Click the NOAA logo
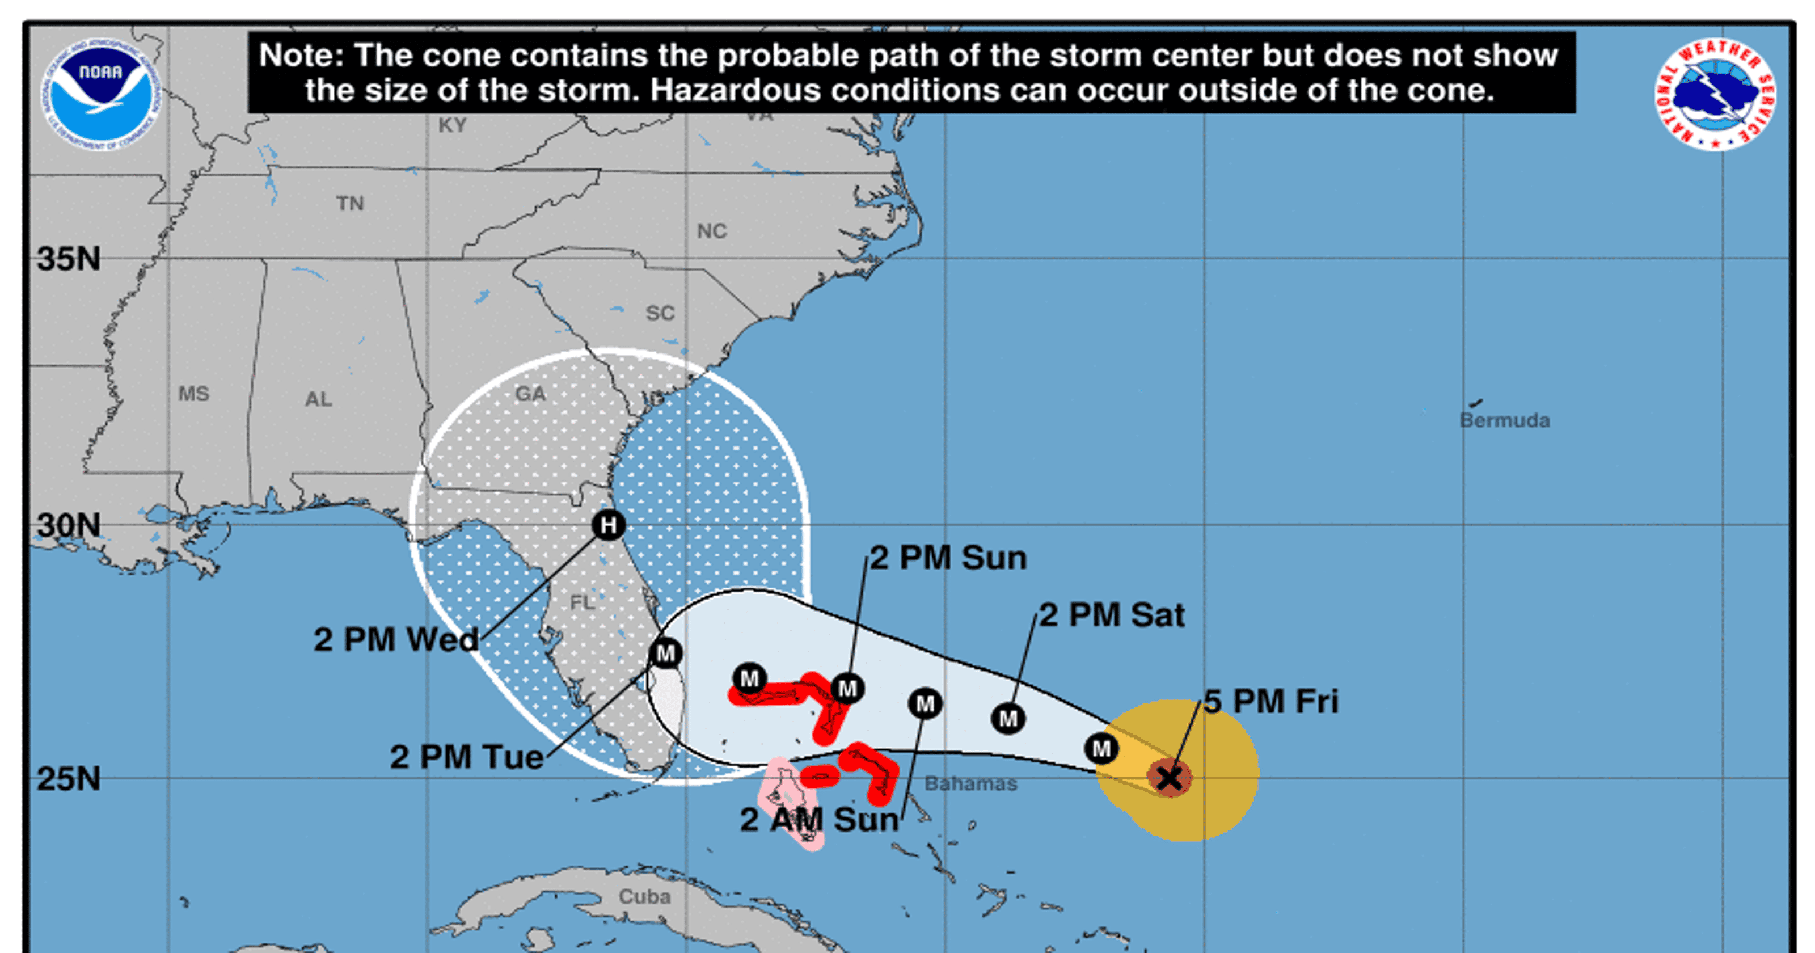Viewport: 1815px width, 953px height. (102, 93)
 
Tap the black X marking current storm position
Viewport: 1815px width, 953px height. (1169, 778)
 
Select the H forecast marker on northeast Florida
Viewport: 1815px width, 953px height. (608, 525)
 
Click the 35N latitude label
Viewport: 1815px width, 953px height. (68, 259)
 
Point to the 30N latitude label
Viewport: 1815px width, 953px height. (68, 525)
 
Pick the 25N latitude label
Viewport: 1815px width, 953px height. (68, 779)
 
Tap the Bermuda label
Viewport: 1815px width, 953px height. (1504, 421)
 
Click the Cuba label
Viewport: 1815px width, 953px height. (644, 897)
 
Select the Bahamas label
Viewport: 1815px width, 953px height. (970, 783)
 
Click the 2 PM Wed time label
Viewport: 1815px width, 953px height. (396, 639)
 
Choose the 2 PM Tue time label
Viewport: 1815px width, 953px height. (466, 757)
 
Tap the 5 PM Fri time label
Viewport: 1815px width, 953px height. (1270, 701)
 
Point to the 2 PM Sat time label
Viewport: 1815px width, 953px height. (1112, 615)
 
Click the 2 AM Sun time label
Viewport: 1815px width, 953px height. (818, 820)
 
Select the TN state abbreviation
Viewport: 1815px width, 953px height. (349, 204)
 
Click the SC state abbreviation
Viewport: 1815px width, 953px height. (660, 313)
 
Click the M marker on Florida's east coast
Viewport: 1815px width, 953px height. (665, 653)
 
